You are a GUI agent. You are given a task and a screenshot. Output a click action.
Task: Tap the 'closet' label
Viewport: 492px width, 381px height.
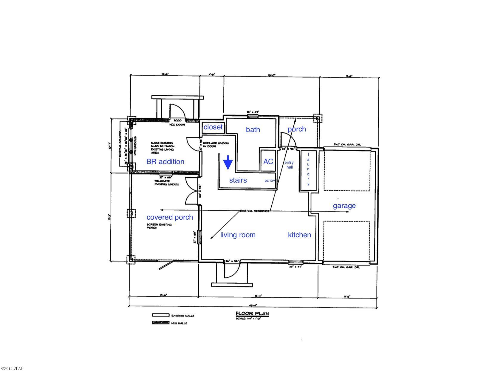[213, 127]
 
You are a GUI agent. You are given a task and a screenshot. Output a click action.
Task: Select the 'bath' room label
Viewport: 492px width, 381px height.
[253, 129]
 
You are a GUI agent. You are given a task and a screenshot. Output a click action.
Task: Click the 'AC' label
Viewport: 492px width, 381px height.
[268, 161]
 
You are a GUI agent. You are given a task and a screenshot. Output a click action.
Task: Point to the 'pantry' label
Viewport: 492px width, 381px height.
[270, 180]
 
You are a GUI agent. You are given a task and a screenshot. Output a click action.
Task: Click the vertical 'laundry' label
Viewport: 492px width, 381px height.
[308, 169]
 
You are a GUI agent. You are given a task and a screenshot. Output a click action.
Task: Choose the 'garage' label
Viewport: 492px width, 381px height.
[344, 205]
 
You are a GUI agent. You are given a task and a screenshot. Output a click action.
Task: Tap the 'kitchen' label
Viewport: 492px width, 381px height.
[299, 235]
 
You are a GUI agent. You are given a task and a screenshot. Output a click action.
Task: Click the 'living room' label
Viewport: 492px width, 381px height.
[238, 235]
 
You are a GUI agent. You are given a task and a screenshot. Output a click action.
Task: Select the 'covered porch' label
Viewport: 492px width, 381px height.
[170, 217]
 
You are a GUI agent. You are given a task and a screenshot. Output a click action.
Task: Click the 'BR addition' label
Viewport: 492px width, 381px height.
[165, 161]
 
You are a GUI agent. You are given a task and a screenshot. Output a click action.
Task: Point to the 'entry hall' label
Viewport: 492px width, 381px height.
[289, 165]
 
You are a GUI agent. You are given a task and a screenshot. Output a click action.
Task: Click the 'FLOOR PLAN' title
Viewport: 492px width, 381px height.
[252, 313]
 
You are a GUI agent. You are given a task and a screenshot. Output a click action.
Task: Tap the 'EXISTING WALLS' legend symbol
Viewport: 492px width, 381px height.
[161, 315]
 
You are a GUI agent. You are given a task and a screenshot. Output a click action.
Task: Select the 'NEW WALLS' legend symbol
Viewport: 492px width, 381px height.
[161, 323]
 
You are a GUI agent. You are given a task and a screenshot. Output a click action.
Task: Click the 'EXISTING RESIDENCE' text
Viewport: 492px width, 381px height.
[255, 211]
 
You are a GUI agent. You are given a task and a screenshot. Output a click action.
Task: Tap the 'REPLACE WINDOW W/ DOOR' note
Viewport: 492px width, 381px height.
[216, 145]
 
